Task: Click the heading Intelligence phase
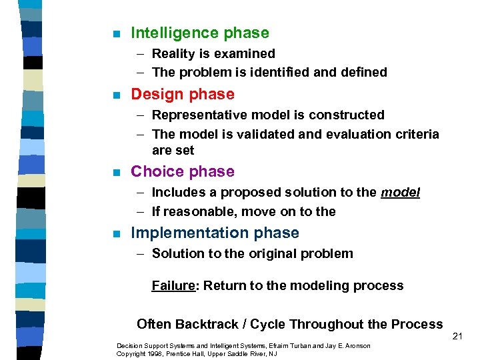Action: [200, 33]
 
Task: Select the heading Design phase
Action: [183, 94]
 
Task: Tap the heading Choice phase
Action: [183, 171]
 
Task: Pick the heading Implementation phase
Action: [215, 233]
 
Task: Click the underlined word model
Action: [400, 192]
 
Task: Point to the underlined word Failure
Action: [173, 285]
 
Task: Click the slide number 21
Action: [457, 336]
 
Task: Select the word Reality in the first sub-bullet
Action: [172, 53]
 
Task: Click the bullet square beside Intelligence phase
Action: [117, 34]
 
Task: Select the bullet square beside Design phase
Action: [117, 95]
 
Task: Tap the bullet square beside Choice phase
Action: [117, 173]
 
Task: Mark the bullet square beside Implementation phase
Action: [117, 234]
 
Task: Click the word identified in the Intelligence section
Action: [272, 72]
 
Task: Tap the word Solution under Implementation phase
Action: [175, 253]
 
